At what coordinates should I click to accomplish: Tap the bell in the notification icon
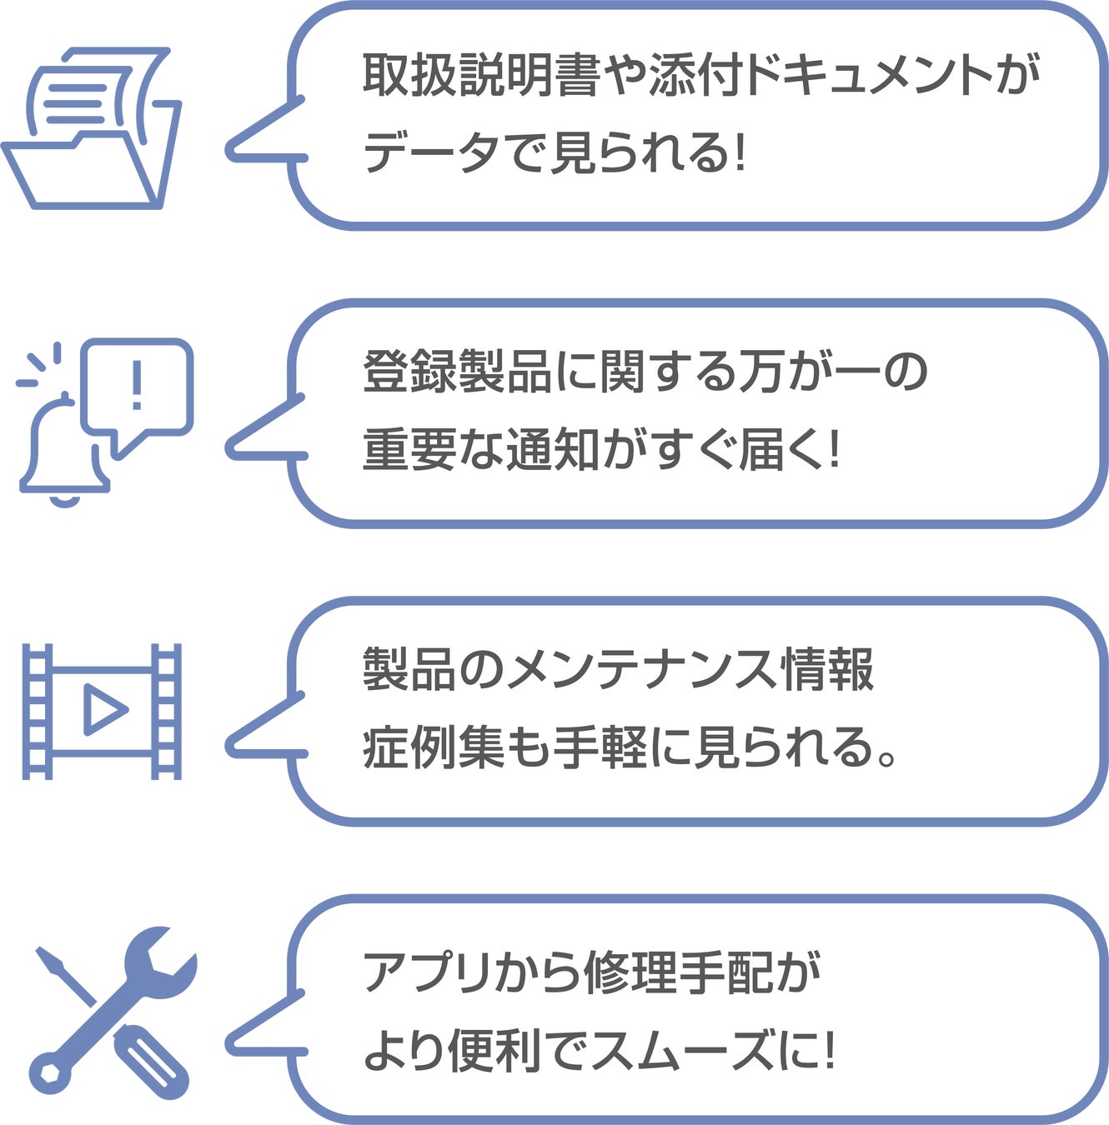pos(63,450)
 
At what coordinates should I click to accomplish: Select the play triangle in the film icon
pos(103,710)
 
